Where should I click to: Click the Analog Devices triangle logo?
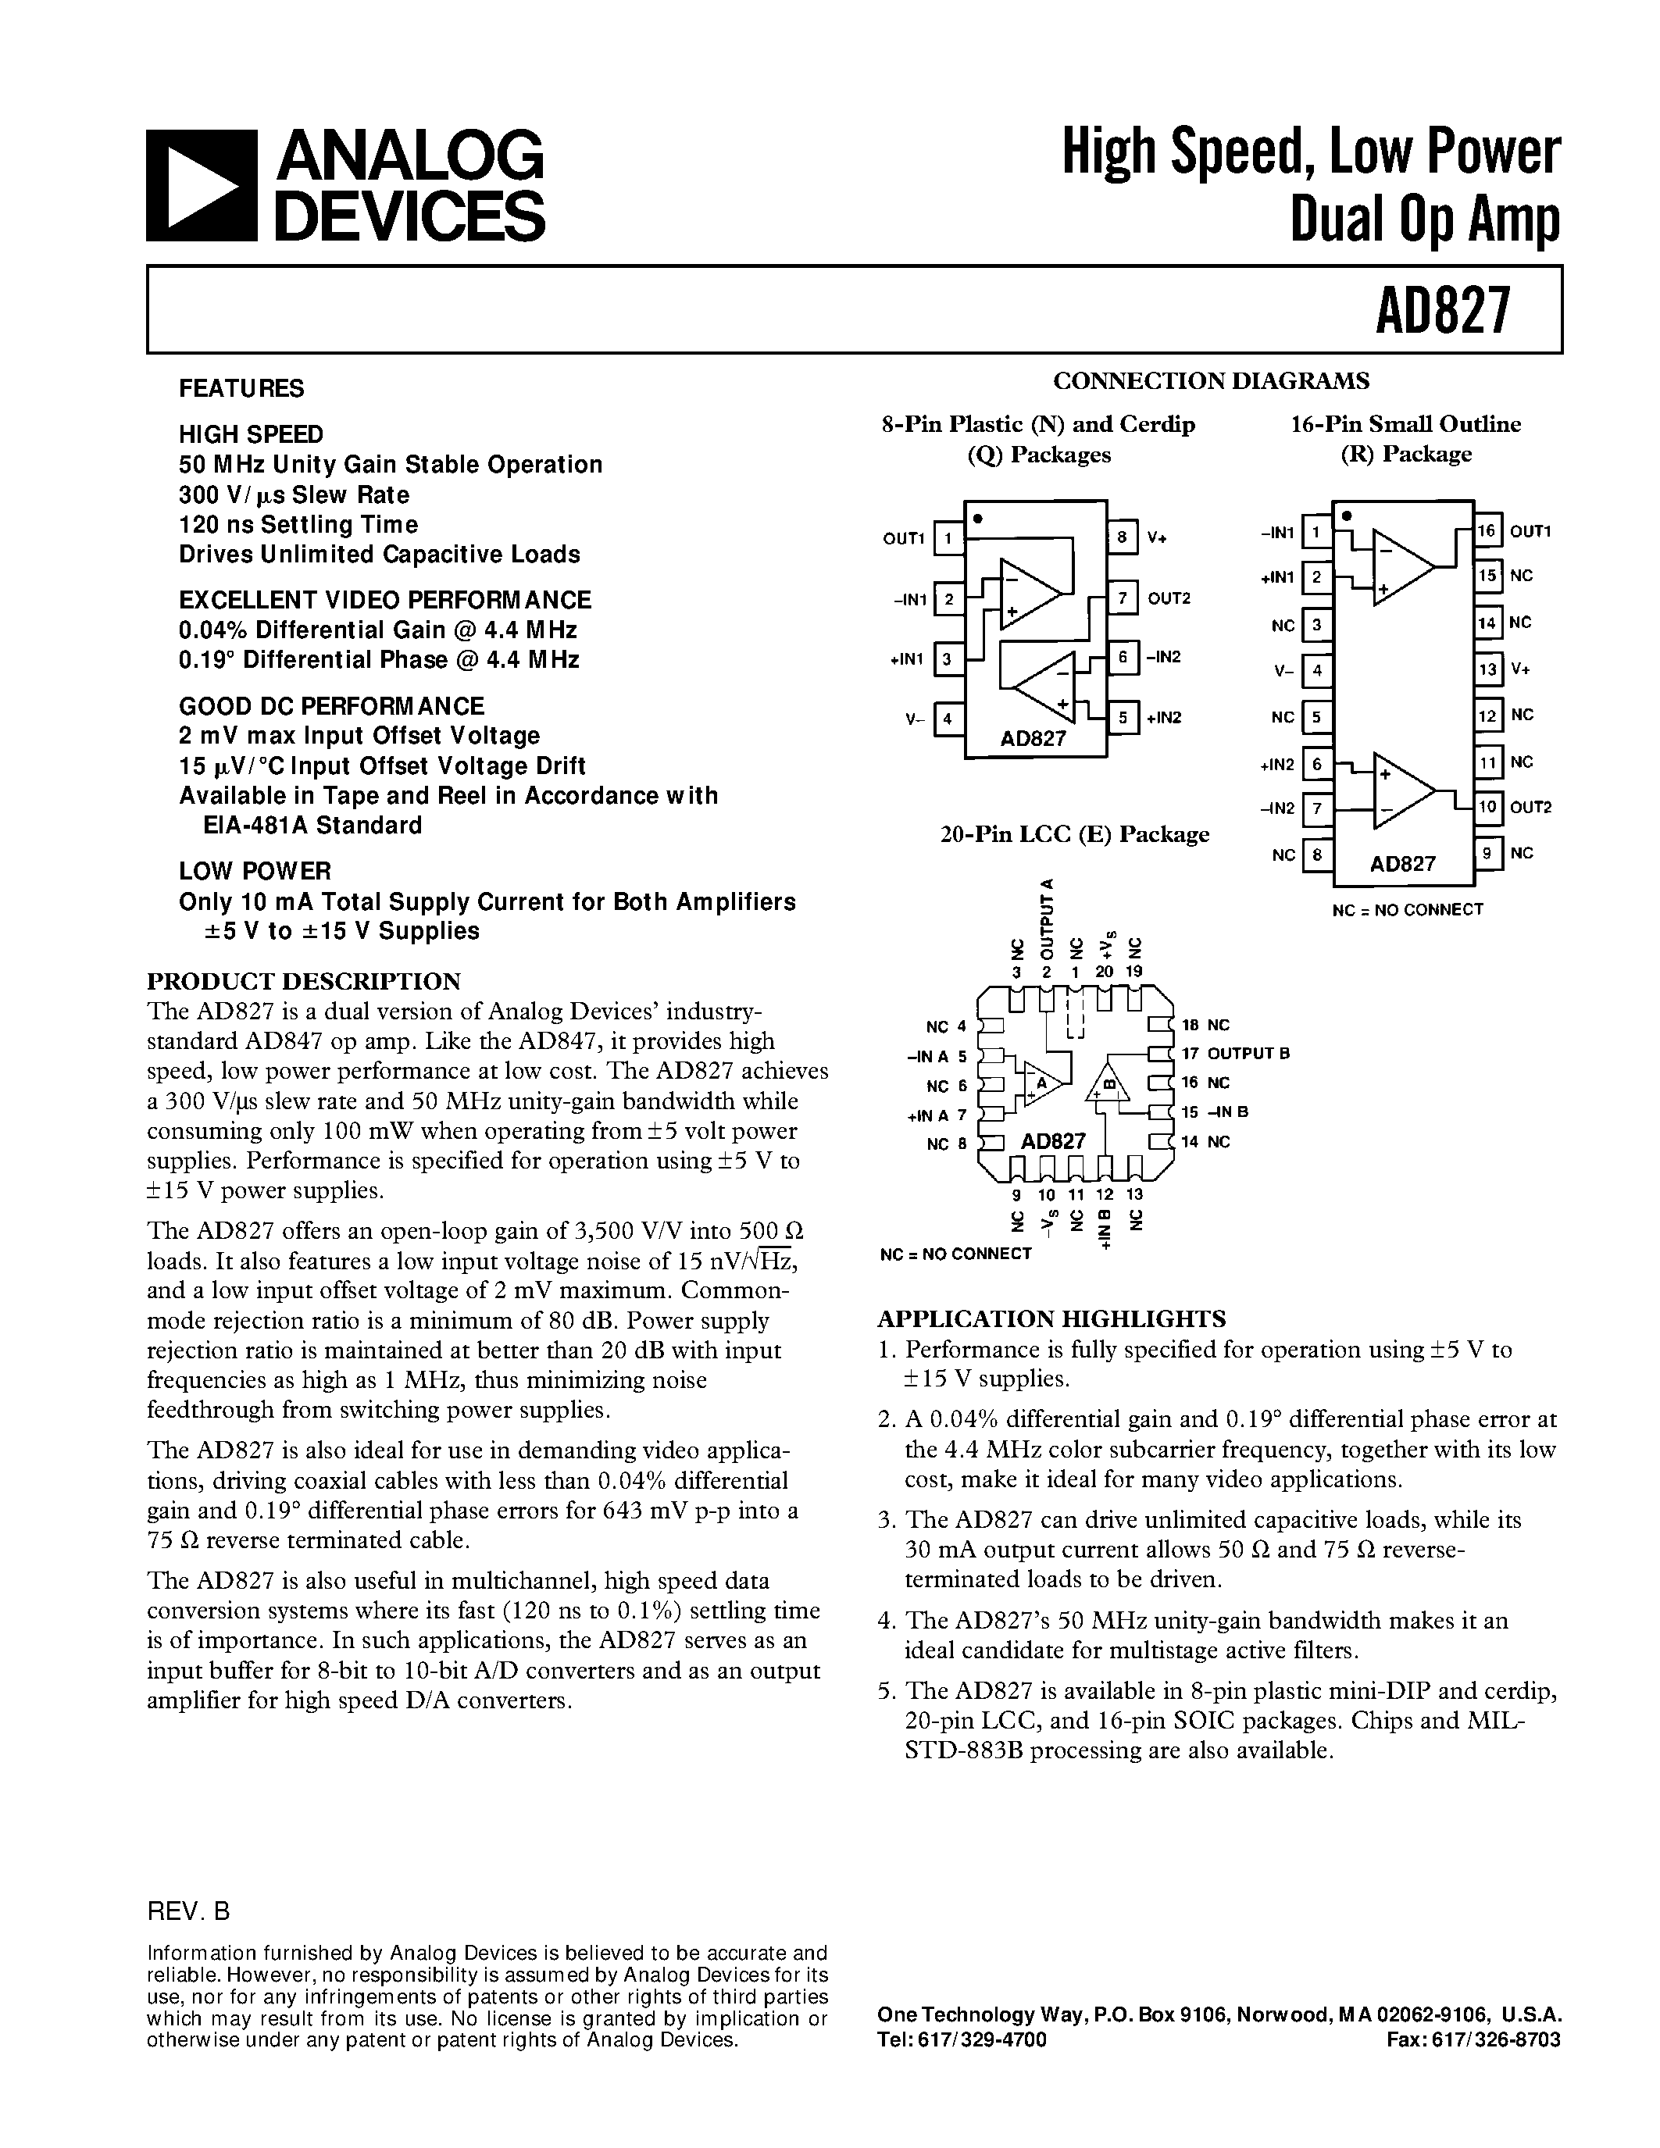pos(202,185)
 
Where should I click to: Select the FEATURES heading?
pos(241,388)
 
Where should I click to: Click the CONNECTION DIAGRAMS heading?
pos(1211,380)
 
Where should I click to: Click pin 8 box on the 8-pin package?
pos(1122,537)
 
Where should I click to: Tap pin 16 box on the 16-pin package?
pos(1487,531)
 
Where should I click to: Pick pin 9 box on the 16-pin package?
pos(1487,853)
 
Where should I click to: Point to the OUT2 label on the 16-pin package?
pos(1530,808)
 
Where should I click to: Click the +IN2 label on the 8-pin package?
pos(1163,717)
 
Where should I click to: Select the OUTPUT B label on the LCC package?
pos(1248,1054)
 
